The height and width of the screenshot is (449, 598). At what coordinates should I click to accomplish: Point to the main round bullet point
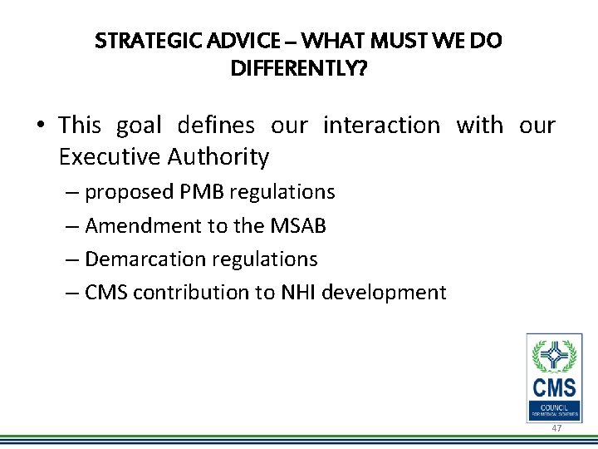(x=41, y=126)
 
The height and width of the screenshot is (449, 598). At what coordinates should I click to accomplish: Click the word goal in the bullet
(x=140, y=126)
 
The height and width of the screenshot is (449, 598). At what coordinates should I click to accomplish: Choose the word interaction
(x=381, y=126)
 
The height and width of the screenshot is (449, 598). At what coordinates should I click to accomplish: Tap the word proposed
(x=129, y=193)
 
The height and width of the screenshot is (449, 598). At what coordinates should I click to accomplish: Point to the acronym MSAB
(x=300, y=225)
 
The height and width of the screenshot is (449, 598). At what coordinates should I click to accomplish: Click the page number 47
(x=556, y=427)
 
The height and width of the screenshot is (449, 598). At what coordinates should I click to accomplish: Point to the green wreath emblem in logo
(x=554, y=356)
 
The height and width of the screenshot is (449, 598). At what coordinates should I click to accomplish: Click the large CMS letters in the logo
(x=554, y=388)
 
